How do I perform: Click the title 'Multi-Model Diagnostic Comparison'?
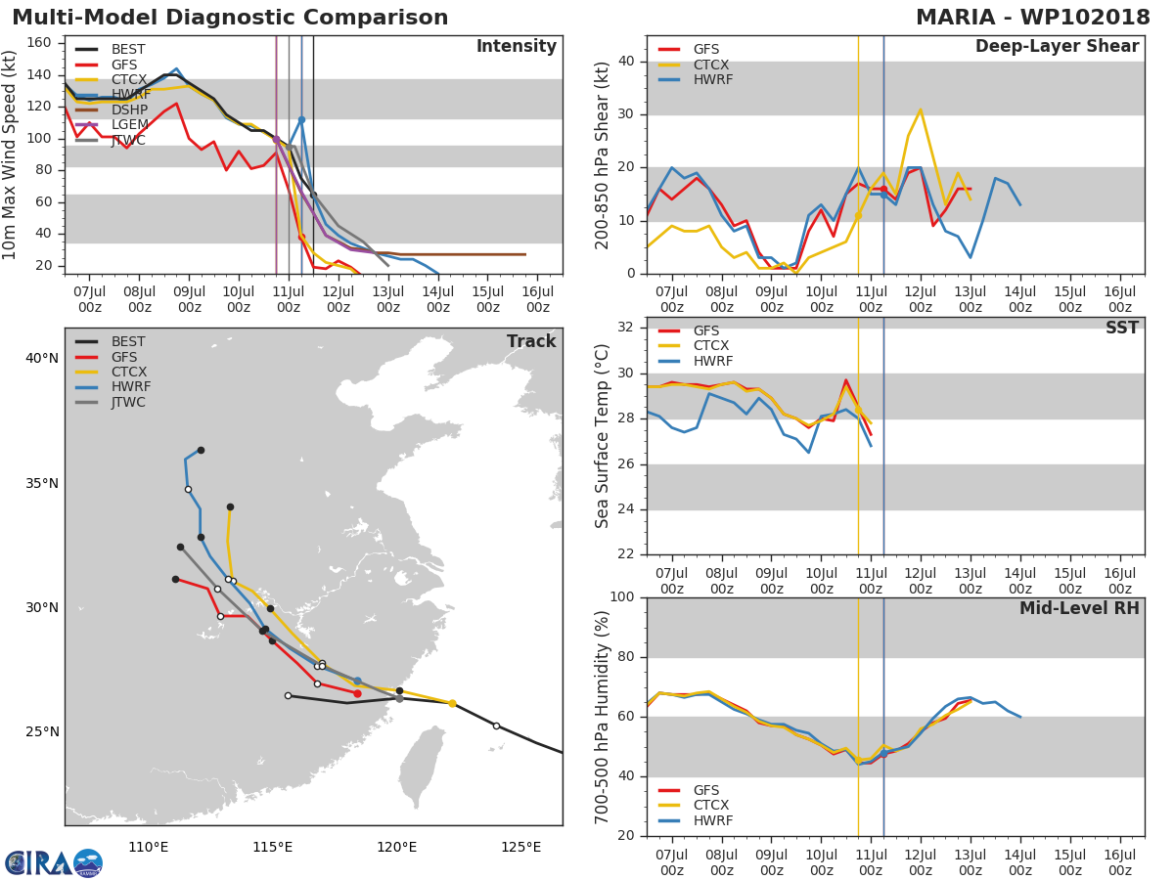tap(230, 18)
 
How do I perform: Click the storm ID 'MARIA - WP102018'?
tap(1033, 18)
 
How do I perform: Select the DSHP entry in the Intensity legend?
tap(128, 108)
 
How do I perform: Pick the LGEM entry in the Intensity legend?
tap(129, 124)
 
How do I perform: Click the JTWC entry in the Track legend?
tap(128, 402)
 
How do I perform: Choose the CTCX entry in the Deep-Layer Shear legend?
tap(710, 65)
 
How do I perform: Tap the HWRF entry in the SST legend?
tap(710, 361)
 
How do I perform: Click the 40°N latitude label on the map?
tap(42, 358)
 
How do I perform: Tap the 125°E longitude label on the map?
tap(520, 847)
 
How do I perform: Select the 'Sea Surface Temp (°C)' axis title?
tap(603, 435)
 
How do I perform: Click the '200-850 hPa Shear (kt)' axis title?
tap(603, 154)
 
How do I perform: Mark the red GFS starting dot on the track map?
tap(357, 693)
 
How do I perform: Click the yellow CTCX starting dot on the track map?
tap(452, 703)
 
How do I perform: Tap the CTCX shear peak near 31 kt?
tap(920, 110)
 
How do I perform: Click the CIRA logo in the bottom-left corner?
tap(54, 862)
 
